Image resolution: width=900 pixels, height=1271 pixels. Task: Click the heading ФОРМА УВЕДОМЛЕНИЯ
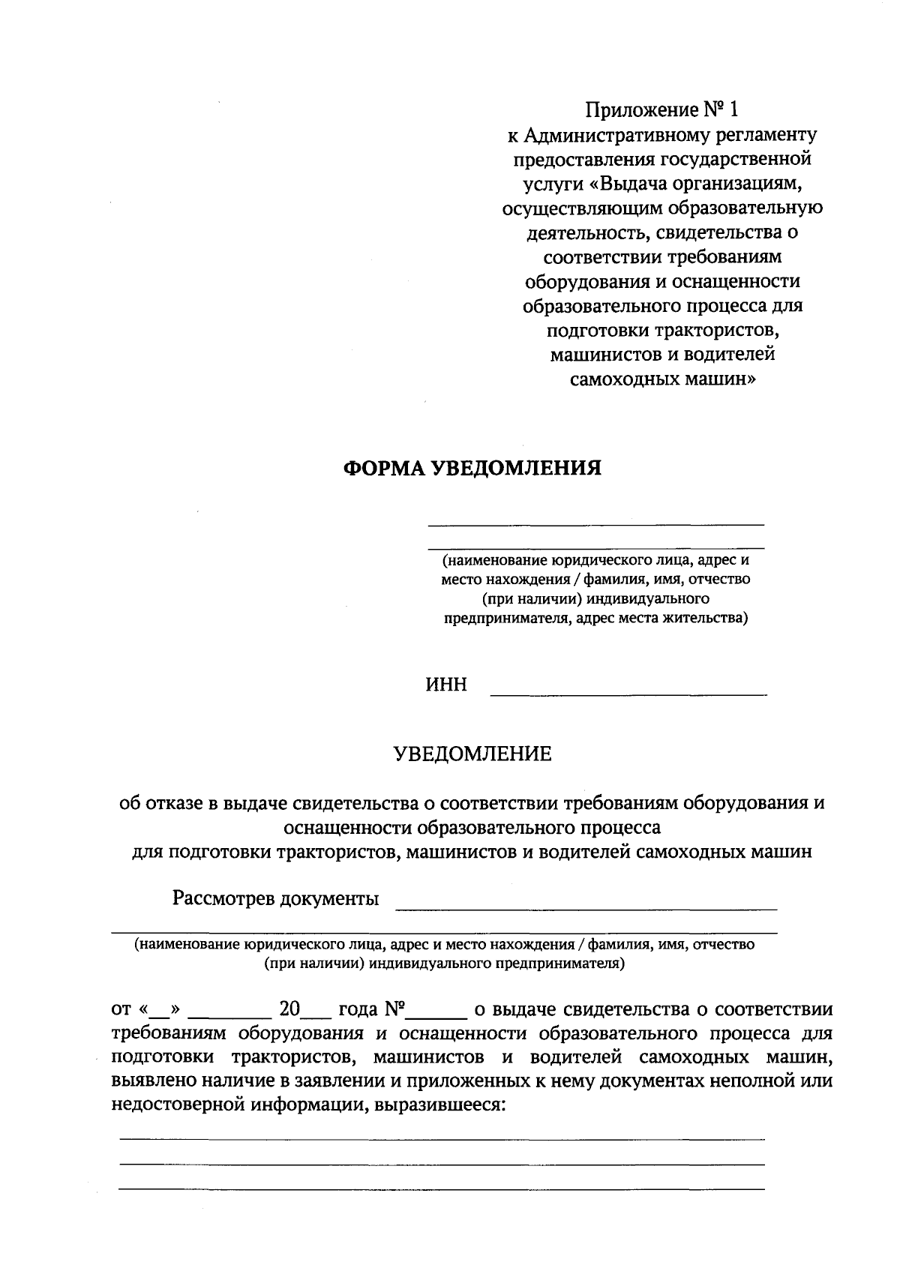pos(472,469)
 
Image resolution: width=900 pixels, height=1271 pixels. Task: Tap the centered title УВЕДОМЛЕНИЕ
pos(472,754)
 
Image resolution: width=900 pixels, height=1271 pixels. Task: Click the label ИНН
pos(446,685)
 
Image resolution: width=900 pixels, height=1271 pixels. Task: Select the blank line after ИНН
pos(628,694)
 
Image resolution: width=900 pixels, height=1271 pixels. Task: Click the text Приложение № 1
pos(661,110)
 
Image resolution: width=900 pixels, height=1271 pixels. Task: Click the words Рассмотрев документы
pos(275,898)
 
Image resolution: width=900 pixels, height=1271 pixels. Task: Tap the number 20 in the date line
pos(289,1009)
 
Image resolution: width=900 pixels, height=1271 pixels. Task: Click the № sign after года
pos(395,1009)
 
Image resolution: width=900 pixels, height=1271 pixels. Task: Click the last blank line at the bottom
pos(442,1189)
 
